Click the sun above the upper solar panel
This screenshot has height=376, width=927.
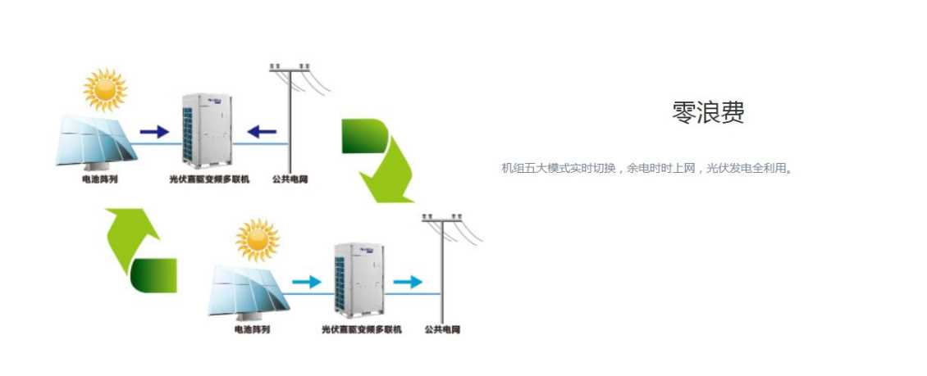point(106,89)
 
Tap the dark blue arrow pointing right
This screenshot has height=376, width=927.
point(153,130)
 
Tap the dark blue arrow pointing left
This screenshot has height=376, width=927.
point(263,130)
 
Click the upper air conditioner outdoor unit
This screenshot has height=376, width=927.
point(208,129)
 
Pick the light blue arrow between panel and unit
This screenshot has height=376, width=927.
point(306,282)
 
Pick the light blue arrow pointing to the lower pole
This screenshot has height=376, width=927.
point(407,282)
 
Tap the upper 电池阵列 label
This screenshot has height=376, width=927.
point(99,179)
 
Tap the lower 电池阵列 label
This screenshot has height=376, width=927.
point(252,329)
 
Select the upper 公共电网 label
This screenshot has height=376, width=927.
point(291,179)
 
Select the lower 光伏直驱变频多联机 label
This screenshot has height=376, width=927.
point(362,329)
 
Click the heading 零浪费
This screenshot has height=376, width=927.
point(708,113)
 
